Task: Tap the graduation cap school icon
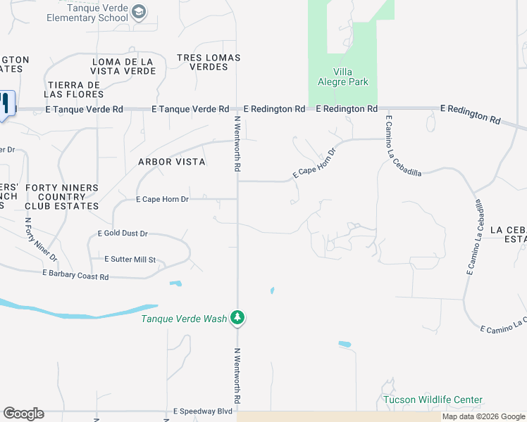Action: pos(139,11)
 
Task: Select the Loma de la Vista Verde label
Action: pos(124,67)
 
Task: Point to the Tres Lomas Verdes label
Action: pos(209,62)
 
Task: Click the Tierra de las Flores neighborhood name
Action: pos(73,89)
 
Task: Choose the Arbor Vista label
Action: pos(172,162)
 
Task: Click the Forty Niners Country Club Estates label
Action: pos(61,197)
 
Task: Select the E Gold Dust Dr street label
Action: pos(123,234)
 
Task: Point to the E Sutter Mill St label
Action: pos(130,260)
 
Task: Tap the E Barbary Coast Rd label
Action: pos(75,274)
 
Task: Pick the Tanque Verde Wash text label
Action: pos(184,319)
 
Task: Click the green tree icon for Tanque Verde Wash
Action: pos(238,319)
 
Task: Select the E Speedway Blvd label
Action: pos(203,411)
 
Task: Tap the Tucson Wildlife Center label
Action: pos(433,400)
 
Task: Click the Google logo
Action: pos(23,414)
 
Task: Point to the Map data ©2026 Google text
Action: pos(484,417)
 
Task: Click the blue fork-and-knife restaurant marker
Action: pos(6,104)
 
